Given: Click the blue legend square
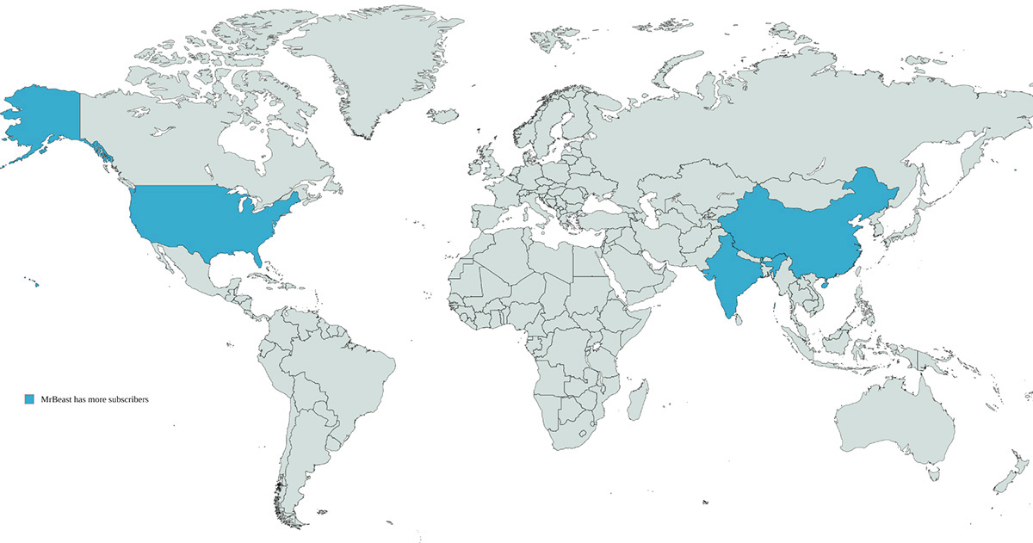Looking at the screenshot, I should click(28, 399).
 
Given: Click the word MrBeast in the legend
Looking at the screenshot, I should click(58, 399).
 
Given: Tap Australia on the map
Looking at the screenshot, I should click(895, 422).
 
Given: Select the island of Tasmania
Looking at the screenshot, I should click(934, 472).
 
